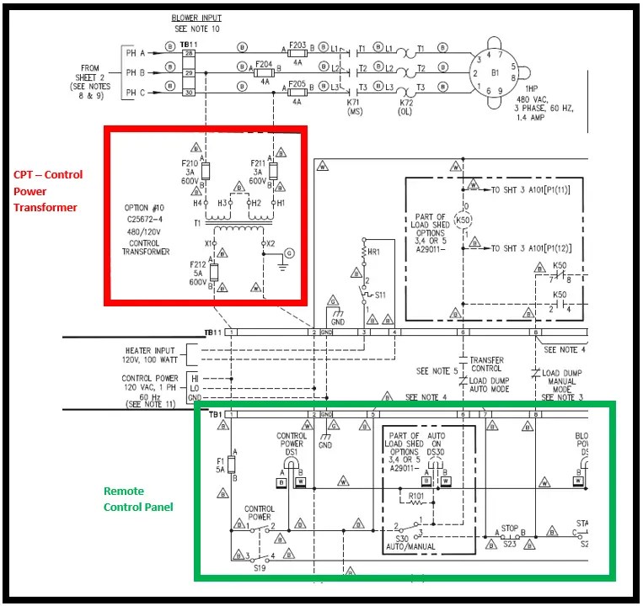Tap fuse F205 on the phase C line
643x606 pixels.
(297, 93)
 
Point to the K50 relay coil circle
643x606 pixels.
(461, 221)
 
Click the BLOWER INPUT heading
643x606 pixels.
(196, 18)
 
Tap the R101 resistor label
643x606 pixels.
(416, 496)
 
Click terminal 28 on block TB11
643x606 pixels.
(190, 53)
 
